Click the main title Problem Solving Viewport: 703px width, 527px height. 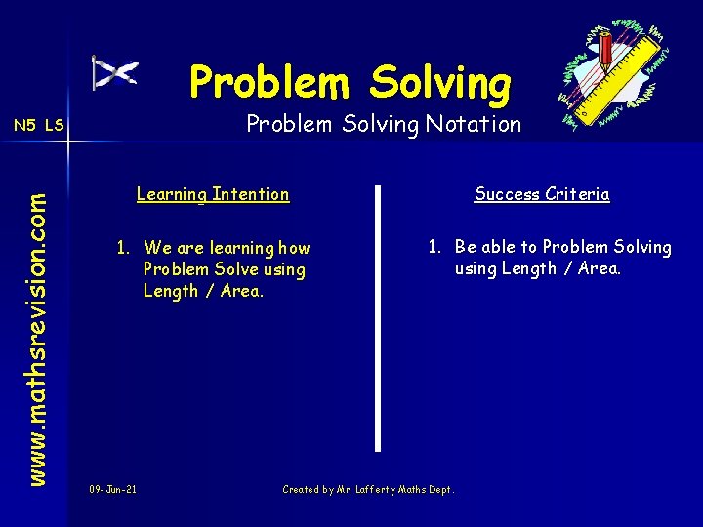350,82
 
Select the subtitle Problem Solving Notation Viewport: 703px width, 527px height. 384,124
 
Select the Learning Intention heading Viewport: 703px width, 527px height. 213,194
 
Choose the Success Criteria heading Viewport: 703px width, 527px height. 542,194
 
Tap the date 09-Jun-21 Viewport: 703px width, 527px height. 112,489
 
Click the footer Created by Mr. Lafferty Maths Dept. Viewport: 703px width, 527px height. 368,489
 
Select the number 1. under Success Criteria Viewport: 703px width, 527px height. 434,247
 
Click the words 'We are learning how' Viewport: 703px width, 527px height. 227,248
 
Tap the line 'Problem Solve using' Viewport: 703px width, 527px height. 224,269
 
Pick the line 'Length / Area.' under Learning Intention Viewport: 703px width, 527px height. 203,291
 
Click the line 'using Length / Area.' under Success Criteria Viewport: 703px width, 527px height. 537,268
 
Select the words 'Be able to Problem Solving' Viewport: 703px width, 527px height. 563,247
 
